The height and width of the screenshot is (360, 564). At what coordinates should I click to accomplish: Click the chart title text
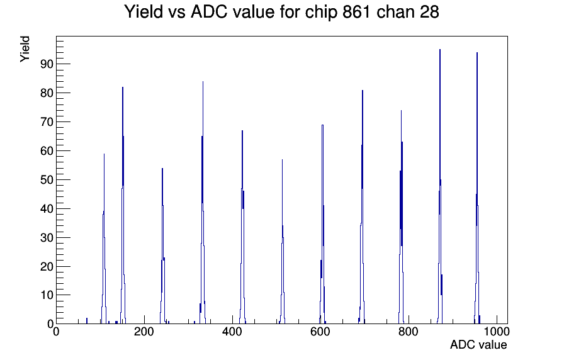point(281,12)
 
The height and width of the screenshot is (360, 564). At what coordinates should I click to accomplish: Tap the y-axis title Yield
point(25,49)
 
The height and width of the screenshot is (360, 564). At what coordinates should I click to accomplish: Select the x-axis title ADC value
point(478,344)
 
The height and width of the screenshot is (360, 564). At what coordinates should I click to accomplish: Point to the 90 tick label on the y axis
point(47,64)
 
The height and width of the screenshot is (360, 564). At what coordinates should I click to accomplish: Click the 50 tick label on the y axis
point(47,180)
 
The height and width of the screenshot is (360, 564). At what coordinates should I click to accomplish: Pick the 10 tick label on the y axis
point(47,295)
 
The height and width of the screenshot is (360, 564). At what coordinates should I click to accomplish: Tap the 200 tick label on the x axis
point(144,332)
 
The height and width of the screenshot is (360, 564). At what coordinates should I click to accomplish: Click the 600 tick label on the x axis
point(320,332)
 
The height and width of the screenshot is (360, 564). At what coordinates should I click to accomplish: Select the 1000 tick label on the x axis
point(497,332)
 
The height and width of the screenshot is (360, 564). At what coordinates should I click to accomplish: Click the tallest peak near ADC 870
point(440,180)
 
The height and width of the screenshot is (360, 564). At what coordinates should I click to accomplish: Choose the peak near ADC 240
point(162,245)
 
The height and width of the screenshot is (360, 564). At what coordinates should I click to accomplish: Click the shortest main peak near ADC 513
point(283,241)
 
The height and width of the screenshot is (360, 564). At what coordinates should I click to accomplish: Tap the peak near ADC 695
point(362,205)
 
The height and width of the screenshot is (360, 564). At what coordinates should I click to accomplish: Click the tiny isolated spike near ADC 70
point(87,321)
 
